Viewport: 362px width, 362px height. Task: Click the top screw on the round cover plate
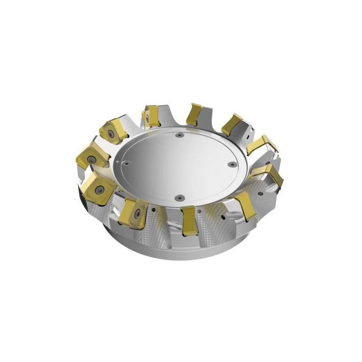pyautogui.click(x=180, y=134)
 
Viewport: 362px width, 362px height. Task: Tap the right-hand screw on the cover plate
pyautogui.click(x=233, y=165)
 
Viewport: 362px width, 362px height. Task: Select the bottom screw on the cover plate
pyautogui.click(x=179, y=197)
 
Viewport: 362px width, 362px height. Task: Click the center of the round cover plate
pyautogui.click(x=179, y=166)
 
